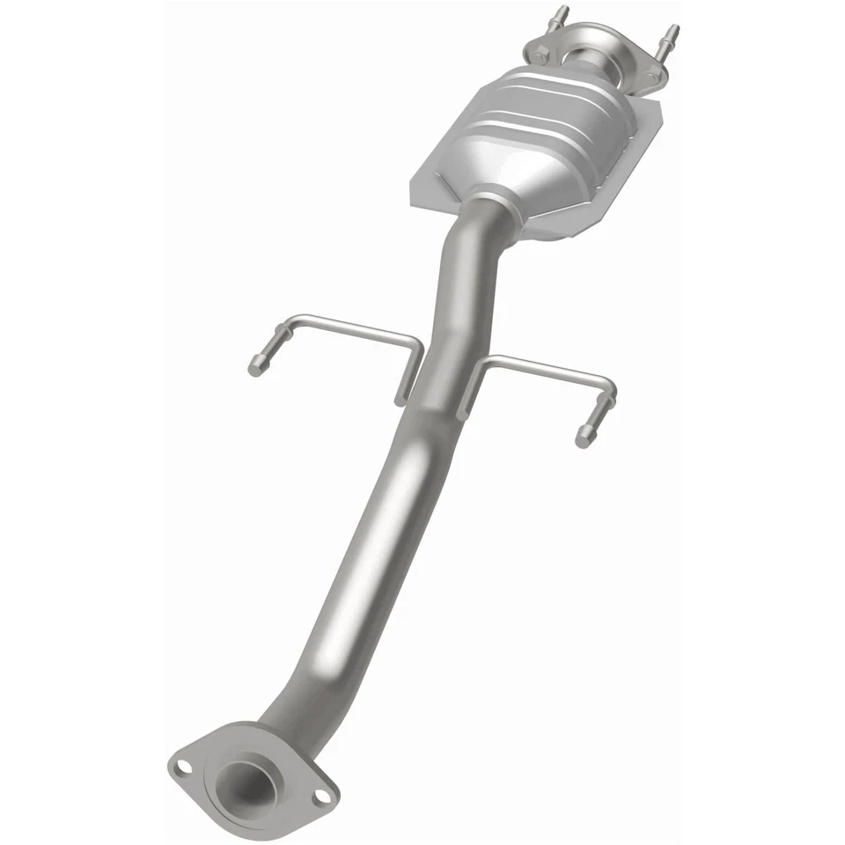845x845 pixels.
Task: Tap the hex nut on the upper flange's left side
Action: tap(540, 55)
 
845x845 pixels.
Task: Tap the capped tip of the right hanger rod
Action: tap(582, 436)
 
